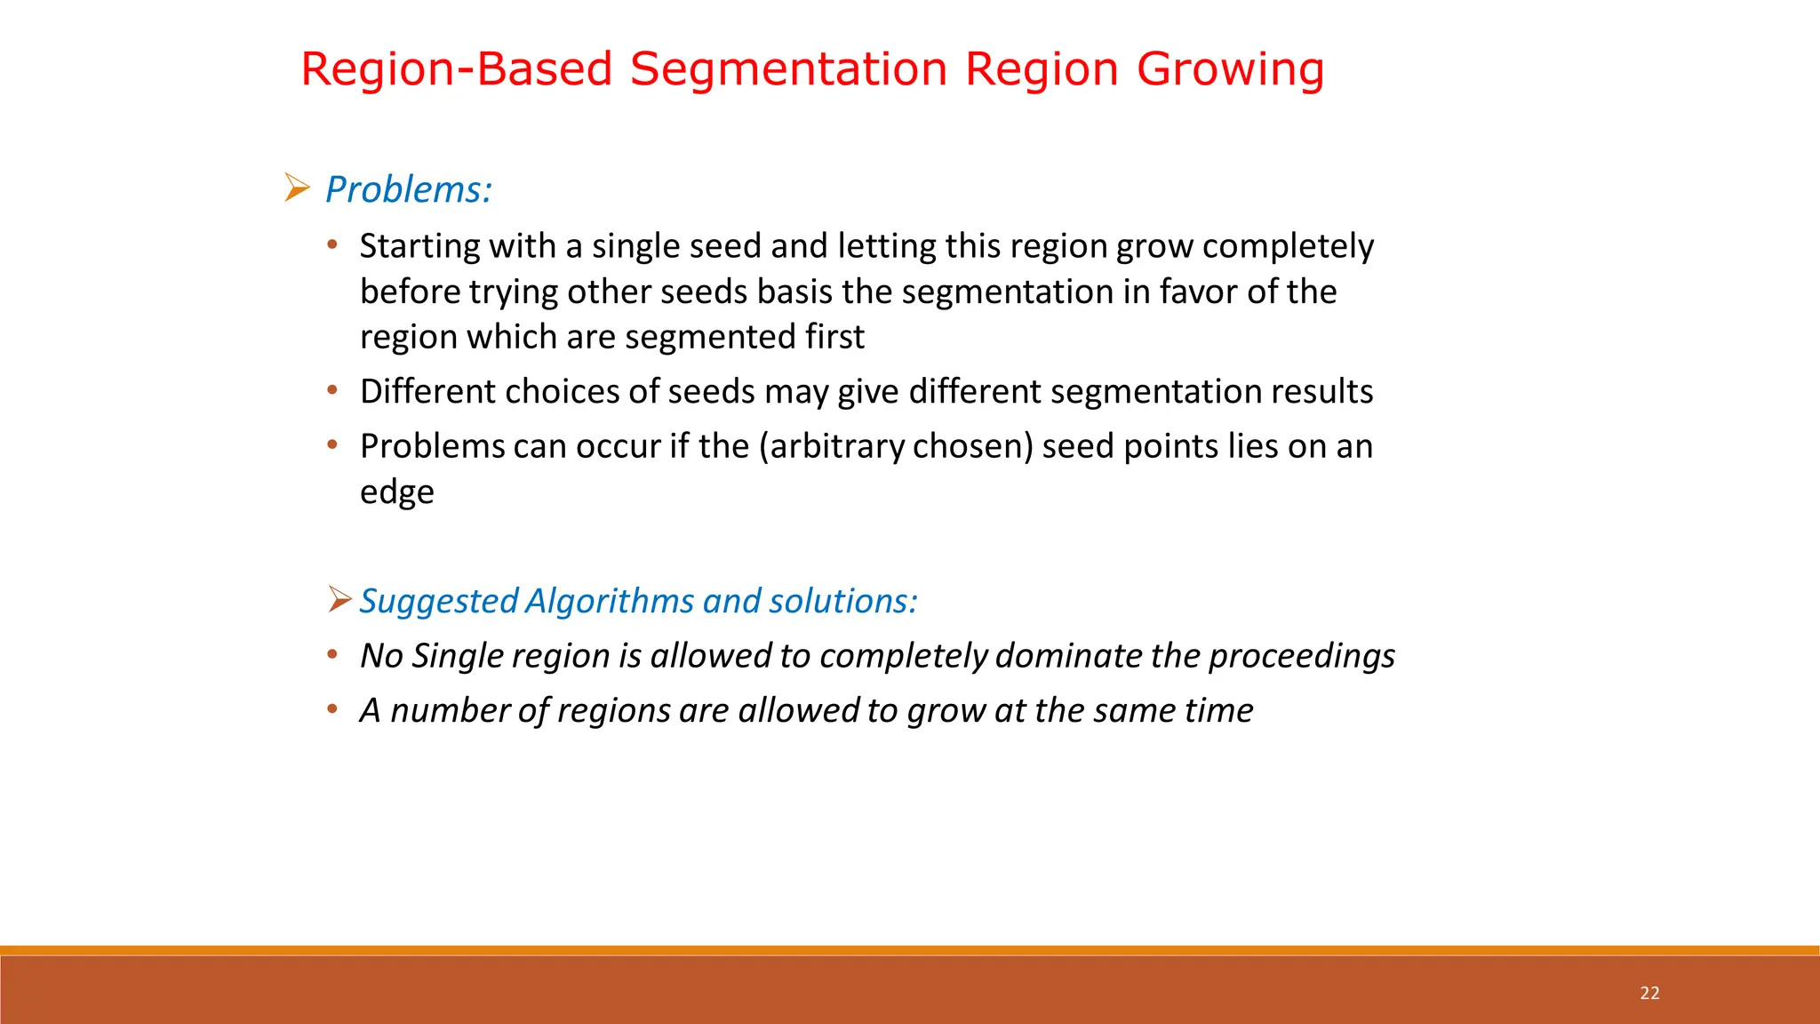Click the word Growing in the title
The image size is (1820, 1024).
click(x=1230, y=70)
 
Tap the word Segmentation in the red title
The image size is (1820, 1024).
click(x=788, y=70)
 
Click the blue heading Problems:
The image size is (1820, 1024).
click(x=408, y=189)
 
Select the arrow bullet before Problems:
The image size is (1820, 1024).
click(x=297, y=188)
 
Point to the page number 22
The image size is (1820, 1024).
click(x=1649, y=993)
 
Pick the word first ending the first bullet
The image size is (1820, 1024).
click(x=834, y=337)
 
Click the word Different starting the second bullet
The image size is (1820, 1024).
click(x=427, y=391)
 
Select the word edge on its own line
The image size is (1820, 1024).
click(x=396, y=492)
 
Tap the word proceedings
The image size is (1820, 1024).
click(x=1301, y=656)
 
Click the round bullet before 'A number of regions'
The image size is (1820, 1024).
click(x=332, y=709)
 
